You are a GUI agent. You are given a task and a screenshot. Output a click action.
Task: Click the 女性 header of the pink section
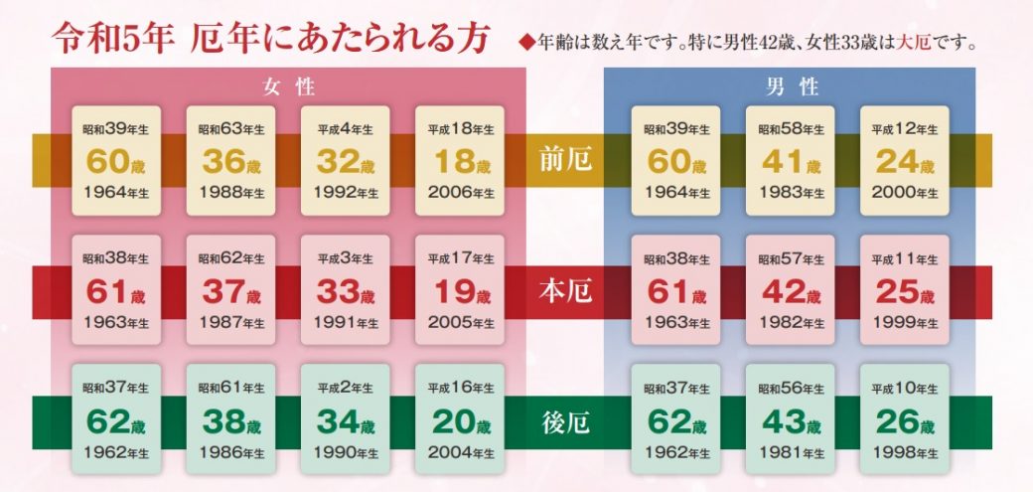[x=288, y=86]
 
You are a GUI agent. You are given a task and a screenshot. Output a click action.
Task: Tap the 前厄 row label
[x=562, y=160]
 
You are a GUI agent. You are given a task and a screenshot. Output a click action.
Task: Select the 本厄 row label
[x=562, y=291]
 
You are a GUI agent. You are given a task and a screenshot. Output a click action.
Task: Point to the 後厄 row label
[x=562, y=422]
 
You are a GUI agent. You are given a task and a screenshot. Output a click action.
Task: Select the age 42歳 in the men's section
[x=791, y=291]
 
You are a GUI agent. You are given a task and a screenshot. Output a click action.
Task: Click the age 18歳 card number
[x=459, y=160]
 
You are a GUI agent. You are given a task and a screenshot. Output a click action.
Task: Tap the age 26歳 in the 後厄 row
[x=904, y=422]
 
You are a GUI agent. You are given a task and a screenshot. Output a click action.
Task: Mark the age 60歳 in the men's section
[x=676, y=160]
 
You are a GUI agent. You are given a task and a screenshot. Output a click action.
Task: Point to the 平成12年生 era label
[x=904, y=129]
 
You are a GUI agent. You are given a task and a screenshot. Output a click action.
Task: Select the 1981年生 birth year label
[x=791, y=454]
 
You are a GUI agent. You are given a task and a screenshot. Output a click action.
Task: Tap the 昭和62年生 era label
[x=231, y=259]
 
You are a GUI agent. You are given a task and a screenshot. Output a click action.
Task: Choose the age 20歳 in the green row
[x=459, y=422]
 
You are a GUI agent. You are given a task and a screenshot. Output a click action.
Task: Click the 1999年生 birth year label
[x=904, y=323]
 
